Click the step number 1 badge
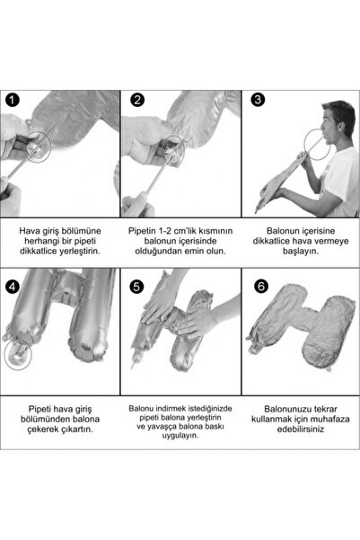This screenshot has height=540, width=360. pos(13,101)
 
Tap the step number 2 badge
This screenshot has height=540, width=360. pos(137,100)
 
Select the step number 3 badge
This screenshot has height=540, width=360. pos(258,100)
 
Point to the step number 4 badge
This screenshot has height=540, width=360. pos(13,287)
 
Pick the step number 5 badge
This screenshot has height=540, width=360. pos(136,287)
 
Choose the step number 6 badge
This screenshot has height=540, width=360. pos(261,286)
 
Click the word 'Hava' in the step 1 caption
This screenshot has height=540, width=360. pos(29,231)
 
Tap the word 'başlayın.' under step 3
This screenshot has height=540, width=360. pos(301,251)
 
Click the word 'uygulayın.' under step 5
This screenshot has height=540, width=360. pos(180,436)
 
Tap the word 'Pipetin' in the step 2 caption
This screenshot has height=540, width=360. pos(142,231)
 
